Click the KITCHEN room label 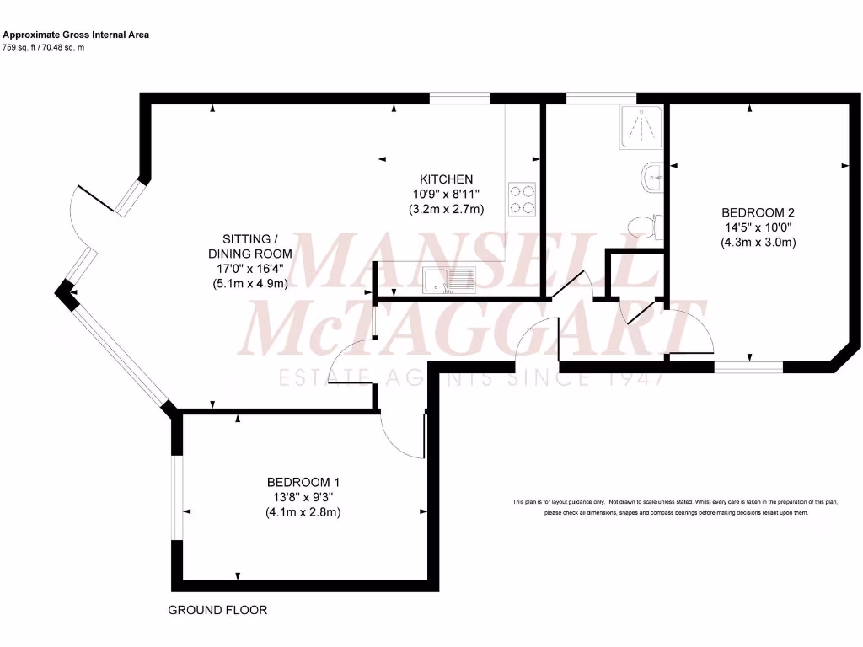tap(446, 179)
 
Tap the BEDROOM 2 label tap(758, 213)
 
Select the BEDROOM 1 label tap(303, 482)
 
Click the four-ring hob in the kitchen tap(523, 200)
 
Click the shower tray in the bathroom tap(641, 127)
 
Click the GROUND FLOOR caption tap(217, 610)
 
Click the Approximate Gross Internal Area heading tap(76, 35)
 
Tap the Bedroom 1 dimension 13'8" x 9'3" tap(303, 497)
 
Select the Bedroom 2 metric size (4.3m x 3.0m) tap(758, 243)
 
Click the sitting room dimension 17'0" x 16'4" tap(250, 269)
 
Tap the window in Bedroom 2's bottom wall tap(748, 366)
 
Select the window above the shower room tap(600, 99)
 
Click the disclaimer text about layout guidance tap(675, 507)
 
